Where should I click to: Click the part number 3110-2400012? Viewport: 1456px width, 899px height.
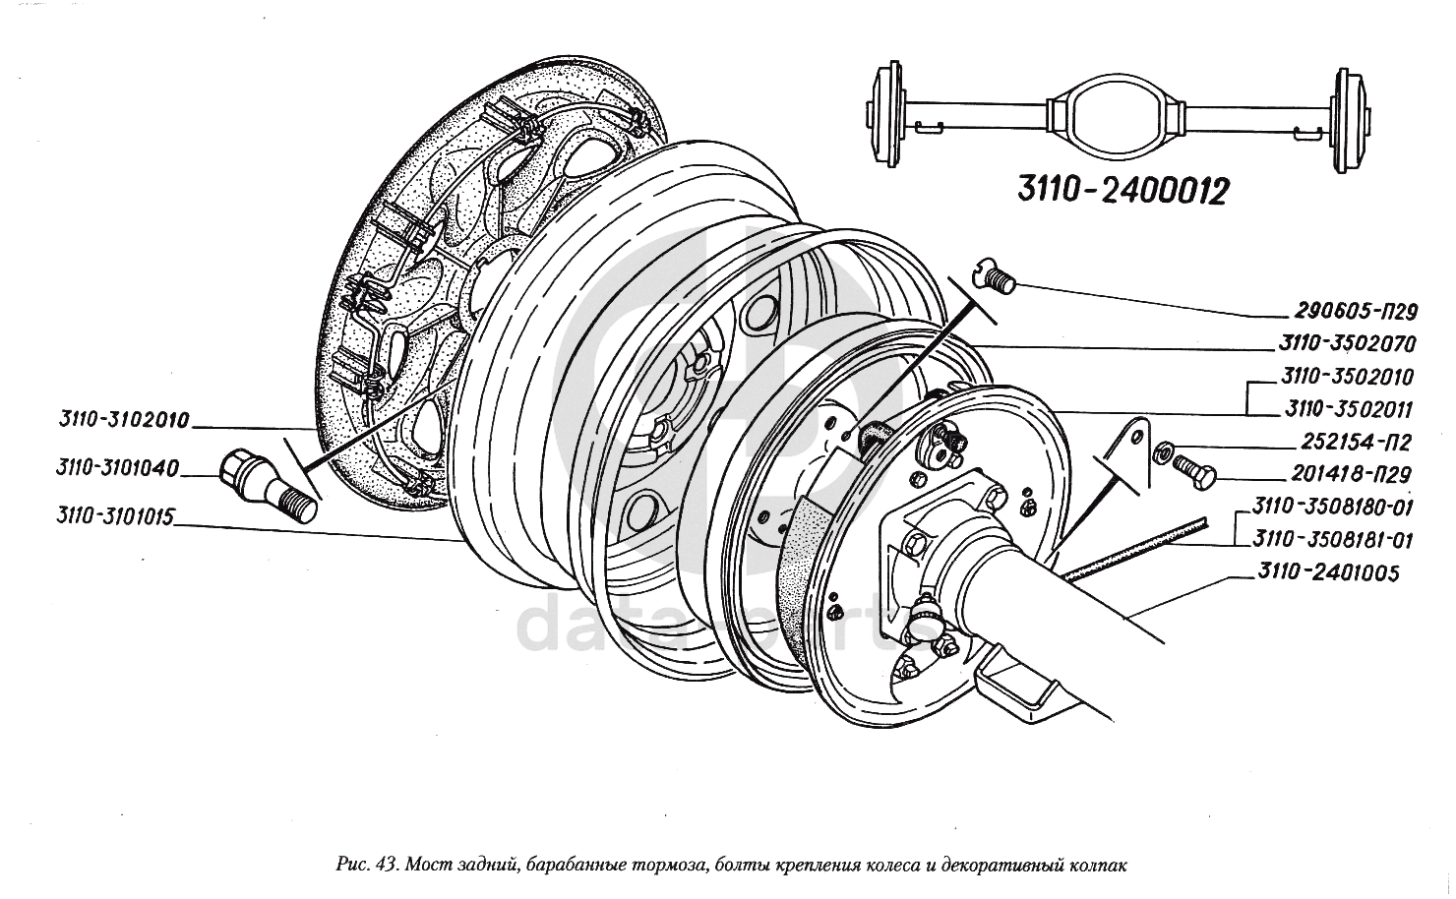pyautogui.click(x=1122, y=191)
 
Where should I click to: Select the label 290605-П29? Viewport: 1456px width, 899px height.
pyautogui.click(x=1355, y=312)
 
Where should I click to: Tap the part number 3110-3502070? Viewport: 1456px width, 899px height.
pyautogui.click(x=1347, y=343)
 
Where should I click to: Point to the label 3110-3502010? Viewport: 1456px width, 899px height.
pyautogui.click(x=1348, y=377)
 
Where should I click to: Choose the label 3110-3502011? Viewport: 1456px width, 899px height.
pyautogui.click(x=1348, y=409)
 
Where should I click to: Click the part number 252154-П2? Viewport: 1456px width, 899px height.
pyautogui.click(x=1356, y=442)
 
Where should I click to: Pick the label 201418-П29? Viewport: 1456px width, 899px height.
pyautogui.click(x=1350, y=474)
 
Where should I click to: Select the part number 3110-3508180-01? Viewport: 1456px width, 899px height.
pyautogui.click(x=1332, y=507)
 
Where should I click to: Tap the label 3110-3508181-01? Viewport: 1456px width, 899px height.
pyautogui.click(x=1332, y=540)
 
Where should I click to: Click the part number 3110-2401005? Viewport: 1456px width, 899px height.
pyautogui.click(x=1328, y=572)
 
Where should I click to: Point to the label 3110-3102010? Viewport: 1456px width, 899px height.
pyautogui.click(x=124, y=419)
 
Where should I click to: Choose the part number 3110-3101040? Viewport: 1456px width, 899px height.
pyautogui.click(x=117, y=467)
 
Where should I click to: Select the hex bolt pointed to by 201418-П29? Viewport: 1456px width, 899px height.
pyautogui.click(x=1194, y=471)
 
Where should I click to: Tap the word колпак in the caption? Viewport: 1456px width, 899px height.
pyautogui.click(x=1100, y=866)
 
